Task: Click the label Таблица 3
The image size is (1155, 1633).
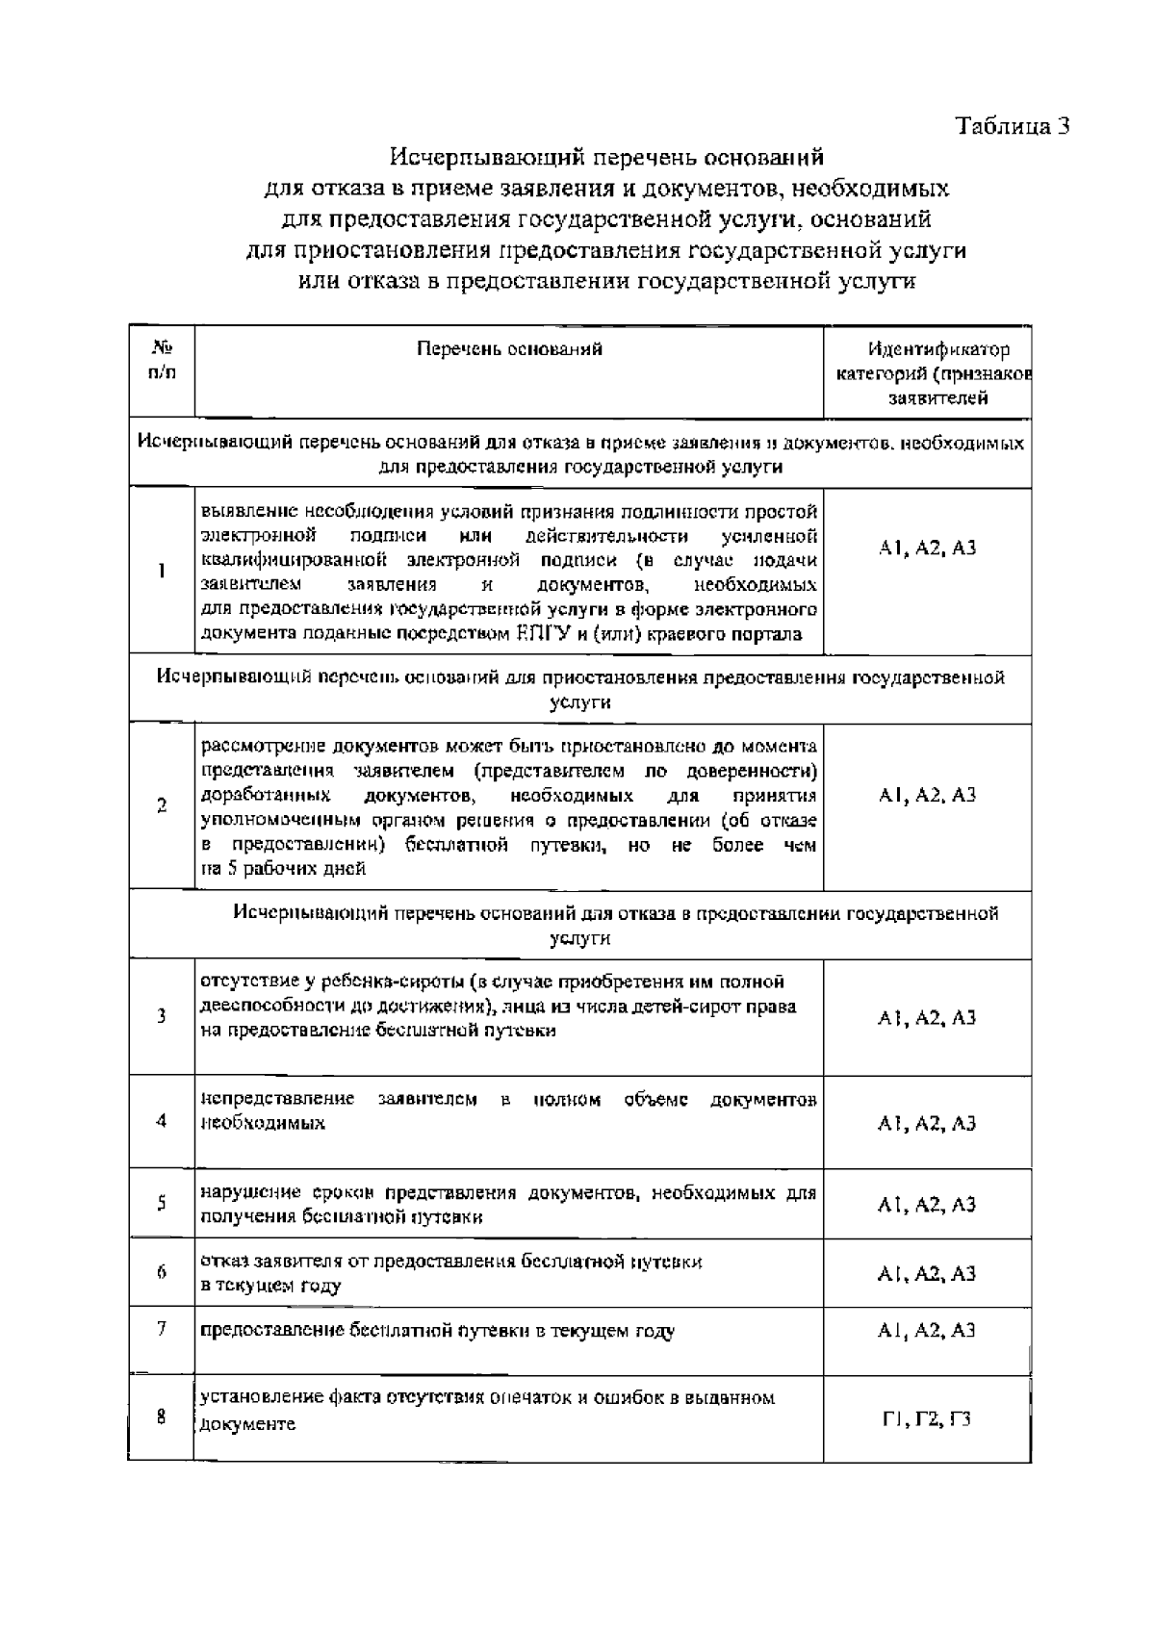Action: pyautogui.click(x=1012, y=127)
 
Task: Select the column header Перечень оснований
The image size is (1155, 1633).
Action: pyautogui.click(x=509, y=349)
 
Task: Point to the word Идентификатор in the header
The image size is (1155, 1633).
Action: pyautogui.click(x=926, y=349)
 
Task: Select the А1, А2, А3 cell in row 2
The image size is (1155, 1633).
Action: pyautogui.click(x=927, y=795)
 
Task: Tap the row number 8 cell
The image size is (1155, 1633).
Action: pyautogui.click(x=162, y=1416)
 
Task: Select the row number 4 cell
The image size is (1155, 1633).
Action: pyautogui.click(x=162, y=1121)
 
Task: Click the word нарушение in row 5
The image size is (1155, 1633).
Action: pyautogui.click(x=241, y=1193)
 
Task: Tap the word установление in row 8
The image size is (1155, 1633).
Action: pyautogui.click(x=255, y=1397)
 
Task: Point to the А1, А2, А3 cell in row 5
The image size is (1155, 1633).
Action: pyautogui.click(x=927, y=1204)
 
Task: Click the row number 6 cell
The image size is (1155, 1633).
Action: pyautogui.click(x=162, y=1272)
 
